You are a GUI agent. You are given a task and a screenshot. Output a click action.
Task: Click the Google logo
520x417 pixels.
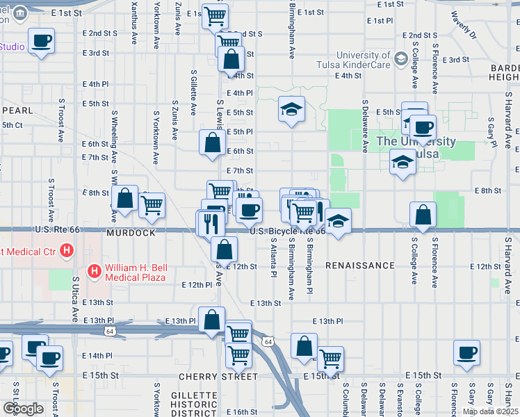(22, 409)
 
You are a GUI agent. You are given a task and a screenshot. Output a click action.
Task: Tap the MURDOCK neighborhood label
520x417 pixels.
(131, 233)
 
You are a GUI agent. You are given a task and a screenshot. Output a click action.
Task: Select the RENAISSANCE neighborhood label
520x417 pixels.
(360, 265)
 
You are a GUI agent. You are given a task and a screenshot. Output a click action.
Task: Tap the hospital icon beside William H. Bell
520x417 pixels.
(92, 269)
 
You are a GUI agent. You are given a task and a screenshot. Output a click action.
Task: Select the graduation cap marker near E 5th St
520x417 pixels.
(292, 108)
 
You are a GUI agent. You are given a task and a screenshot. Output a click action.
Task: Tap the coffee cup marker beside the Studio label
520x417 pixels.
(41, 40)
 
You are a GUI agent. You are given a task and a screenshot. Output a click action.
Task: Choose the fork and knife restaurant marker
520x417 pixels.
(211, 223)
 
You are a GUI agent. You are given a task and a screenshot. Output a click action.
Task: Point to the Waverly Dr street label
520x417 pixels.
(462, 24)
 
